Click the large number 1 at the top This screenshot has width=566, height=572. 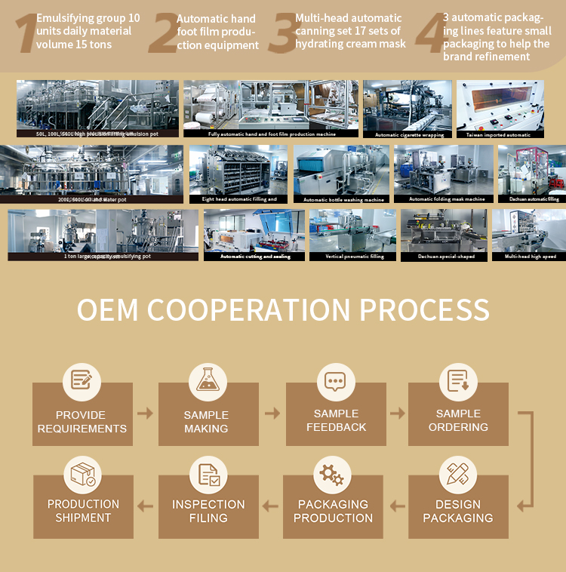[25, 34]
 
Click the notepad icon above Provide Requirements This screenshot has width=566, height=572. [82, 380]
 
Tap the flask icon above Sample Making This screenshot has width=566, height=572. [208, 380]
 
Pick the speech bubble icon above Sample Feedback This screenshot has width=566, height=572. [335, 380]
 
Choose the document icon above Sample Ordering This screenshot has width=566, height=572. [458, 380]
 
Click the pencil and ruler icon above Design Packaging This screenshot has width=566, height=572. [457, 475]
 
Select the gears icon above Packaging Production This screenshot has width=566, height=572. [332, 475]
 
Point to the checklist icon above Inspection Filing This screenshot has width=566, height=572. [208, 475]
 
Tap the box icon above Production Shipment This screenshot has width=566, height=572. [82, 475]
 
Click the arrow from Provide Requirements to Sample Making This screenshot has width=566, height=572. [145, 414]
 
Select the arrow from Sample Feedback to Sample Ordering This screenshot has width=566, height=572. [397, 414]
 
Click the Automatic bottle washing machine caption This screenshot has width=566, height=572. [343, 200]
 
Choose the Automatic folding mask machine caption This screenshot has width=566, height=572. [447, 199]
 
